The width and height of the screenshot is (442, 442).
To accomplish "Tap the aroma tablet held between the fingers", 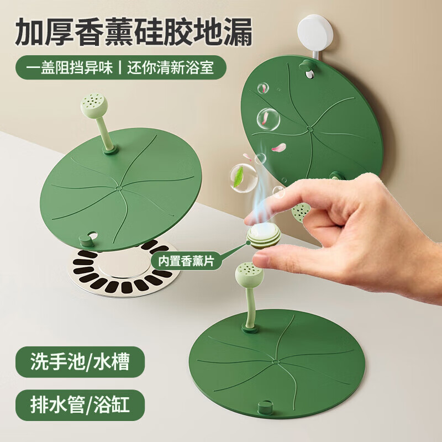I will point(264,235).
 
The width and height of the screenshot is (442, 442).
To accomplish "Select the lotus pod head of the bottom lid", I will point(250,273).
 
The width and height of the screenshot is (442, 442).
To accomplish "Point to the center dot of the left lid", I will point(118,188).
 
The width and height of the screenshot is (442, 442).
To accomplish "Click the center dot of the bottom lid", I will point(275,362).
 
